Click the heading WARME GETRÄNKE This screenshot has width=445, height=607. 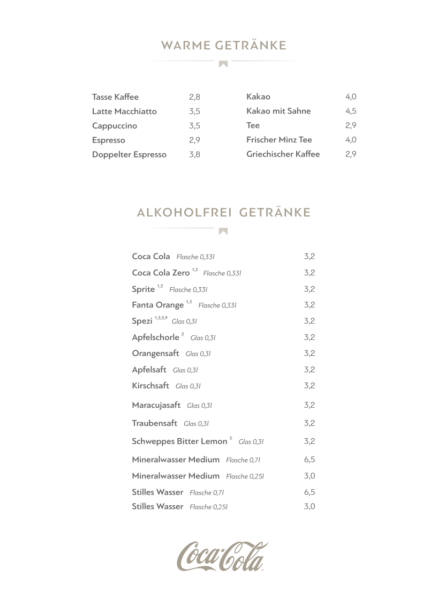223,46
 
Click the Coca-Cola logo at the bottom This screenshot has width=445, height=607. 223,556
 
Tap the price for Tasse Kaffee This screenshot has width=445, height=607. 194,97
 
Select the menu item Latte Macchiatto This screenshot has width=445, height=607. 124,111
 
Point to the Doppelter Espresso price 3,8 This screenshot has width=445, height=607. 194,154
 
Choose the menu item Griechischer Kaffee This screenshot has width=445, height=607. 283,154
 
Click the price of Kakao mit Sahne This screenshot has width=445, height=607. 351,111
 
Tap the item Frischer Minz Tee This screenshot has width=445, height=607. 279,140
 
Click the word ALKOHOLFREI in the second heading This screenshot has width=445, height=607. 184,213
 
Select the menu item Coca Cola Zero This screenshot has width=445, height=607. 161,273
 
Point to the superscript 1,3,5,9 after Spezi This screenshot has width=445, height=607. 161,318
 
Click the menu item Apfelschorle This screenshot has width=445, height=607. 155,338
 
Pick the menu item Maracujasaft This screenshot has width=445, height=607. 156,405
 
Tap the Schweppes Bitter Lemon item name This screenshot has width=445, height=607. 179,441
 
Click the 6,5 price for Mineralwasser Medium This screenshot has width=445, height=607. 309,460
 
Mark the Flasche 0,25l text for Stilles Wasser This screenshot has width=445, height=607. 209,507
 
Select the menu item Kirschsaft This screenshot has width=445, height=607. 150,386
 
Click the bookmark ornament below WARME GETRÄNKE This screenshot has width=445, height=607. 223,64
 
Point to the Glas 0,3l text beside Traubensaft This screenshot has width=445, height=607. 196,424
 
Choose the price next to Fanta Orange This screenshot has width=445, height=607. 309,305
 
